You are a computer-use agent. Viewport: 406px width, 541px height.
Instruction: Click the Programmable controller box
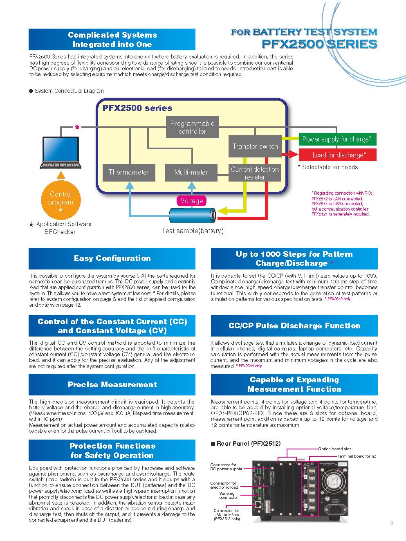pyautogui.click(x=193, y=127)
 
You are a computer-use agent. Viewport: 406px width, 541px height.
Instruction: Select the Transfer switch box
pyautogui.click(x=255, y=146)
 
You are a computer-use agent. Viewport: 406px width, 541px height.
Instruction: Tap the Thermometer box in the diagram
pyautogui.click(x=129, y=173)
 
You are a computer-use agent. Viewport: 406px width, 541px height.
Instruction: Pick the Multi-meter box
pyautogui.click(x=191, y=173)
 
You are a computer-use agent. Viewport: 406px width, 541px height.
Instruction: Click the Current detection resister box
pyautogui.click(x=255, y=173)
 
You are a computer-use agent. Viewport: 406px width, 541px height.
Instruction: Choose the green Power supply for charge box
pyautogui.click(x=337, y=139)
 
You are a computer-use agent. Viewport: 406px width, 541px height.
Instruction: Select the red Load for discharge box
pyautogui.click(x=337, y=155)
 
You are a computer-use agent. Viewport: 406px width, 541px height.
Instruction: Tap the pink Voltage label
pyautogui.click(x=192, y=201)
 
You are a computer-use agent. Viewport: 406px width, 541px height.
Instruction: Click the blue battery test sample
pyautogui.click(x=193, y=216)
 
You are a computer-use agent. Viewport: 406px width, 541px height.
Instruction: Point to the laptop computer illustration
pyautogui.click(x=61, y=153)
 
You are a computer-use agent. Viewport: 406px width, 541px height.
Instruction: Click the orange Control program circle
pyautogui.click(x=61, y=200)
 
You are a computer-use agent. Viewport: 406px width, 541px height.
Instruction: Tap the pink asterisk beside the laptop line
pyautogui.click(x=77, y=127)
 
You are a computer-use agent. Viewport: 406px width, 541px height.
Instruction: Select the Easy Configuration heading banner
pyautogui.click(x=112, y=258)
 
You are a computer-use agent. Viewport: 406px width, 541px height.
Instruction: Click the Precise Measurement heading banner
pyautogui.click(x=112, y=384)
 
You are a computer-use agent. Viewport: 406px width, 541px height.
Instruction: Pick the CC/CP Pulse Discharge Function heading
pyautogui.click(x=294, y=325)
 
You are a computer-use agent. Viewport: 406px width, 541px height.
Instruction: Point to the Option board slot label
pyautogui.click(x=334, y=449)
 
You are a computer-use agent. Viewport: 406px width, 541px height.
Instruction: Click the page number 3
pyautogui.click(x=391, y=523)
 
